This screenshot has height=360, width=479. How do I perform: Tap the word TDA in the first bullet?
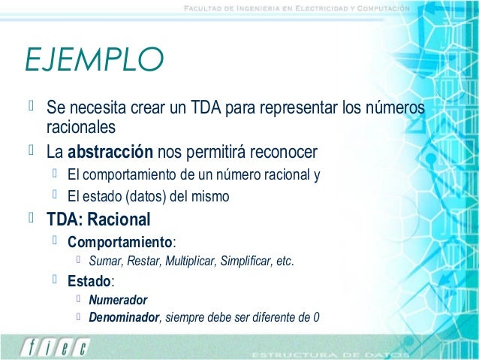coord(206,109)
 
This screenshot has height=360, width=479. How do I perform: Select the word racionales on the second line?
coord(81,126)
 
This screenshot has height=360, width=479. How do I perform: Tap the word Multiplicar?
coord(187,262)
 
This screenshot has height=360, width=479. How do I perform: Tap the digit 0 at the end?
coord(315,316)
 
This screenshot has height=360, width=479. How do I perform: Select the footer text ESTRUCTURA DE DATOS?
coord(330,352)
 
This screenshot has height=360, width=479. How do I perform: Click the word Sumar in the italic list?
coord(105,262)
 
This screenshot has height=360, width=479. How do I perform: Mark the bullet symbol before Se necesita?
coord(32,108)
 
